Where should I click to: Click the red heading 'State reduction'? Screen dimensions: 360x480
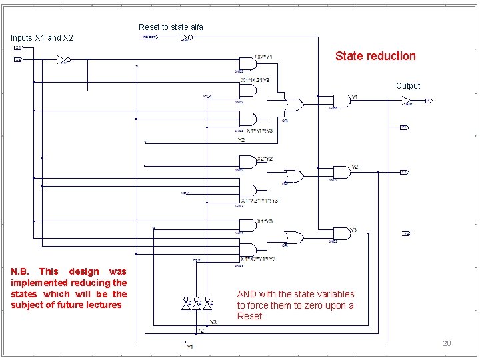375,56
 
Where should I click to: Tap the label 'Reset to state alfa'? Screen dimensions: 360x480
171,27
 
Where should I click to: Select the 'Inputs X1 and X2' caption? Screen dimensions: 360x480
42,38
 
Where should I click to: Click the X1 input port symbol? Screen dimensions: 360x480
19,48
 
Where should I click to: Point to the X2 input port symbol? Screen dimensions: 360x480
19,59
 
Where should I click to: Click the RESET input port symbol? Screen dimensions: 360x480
149,37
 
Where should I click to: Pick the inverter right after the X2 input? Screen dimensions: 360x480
63,59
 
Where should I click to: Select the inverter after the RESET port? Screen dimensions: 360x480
186,37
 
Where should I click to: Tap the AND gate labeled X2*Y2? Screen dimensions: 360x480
247,162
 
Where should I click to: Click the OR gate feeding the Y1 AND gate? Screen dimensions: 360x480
293,105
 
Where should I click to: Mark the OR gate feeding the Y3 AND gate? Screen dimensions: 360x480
293,237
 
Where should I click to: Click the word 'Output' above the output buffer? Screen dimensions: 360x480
408,86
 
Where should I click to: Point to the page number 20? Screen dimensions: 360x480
447,343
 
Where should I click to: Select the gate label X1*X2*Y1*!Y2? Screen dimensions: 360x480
258,259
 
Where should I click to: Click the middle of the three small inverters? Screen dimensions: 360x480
198,304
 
